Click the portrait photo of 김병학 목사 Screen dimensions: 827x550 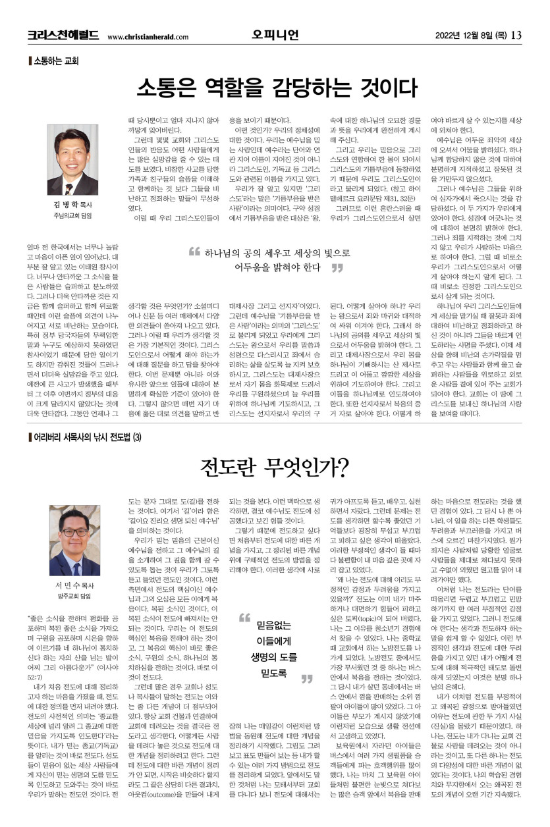(72, 159)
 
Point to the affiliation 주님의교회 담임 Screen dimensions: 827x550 (72, 215)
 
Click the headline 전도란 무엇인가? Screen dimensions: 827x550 (275, 467)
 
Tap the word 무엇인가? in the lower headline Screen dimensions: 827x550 (309, 467)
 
